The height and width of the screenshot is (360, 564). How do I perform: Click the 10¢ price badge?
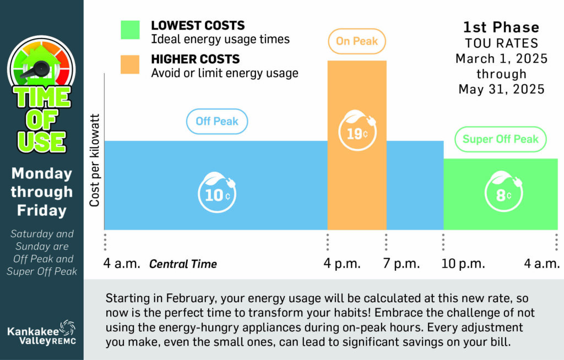[217, 194]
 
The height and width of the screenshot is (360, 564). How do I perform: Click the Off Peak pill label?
[217, 121]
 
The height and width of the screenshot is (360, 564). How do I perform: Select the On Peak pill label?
[357, 41]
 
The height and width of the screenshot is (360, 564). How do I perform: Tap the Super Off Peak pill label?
[500, 139]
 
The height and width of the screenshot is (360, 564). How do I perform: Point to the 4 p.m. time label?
[342, 264]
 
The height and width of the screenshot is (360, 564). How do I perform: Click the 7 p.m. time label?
[402, 264]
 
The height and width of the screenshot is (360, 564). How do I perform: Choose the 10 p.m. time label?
[464, 264]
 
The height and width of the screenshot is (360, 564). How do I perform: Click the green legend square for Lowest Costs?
[131, 30]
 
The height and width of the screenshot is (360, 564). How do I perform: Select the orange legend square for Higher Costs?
[131, 64]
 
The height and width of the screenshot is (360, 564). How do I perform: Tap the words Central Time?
[183, 264]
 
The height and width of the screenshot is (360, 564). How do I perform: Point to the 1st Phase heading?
[501, 27]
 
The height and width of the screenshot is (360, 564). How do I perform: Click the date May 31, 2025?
[501, 89]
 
